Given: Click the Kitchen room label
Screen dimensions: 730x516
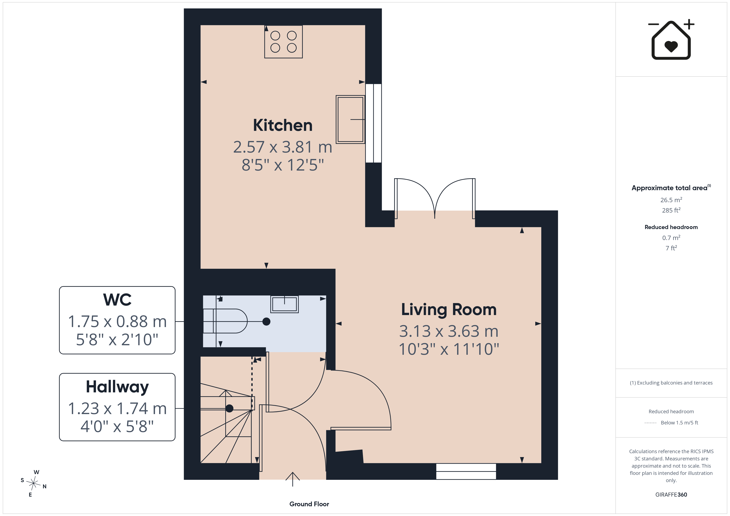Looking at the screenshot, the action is [x=283, y=125].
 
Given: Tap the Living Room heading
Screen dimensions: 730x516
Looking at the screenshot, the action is [x=449, y=309].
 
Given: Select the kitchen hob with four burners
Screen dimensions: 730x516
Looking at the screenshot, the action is [x=283, y=42].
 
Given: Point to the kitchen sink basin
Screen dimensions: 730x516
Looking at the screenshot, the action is [x=350, y=119].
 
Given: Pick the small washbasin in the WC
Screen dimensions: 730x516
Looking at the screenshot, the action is [x=285, y=304].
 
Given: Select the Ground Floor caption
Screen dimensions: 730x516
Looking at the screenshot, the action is [x=309, y=504].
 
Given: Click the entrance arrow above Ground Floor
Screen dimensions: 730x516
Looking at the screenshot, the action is [x=293, y=479].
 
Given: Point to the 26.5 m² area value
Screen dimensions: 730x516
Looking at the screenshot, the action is [x=671, y=200].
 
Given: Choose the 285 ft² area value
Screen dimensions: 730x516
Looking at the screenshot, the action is [x=671, y=210].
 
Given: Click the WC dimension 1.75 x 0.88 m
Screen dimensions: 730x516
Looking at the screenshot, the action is [x=117, y=321].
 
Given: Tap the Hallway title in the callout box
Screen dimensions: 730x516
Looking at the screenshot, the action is [x=117, y=387].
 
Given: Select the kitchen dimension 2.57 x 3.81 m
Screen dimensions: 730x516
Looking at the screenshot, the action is [x=283, y=147].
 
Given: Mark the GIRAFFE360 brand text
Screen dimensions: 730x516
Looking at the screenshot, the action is [x=671, y=495].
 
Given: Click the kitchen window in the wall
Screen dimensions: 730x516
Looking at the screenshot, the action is [x=373, y=123].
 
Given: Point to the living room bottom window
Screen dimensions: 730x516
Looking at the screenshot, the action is [x=466, y=471].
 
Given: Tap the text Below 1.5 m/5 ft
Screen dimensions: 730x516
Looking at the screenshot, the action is [x=680, y=423].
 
